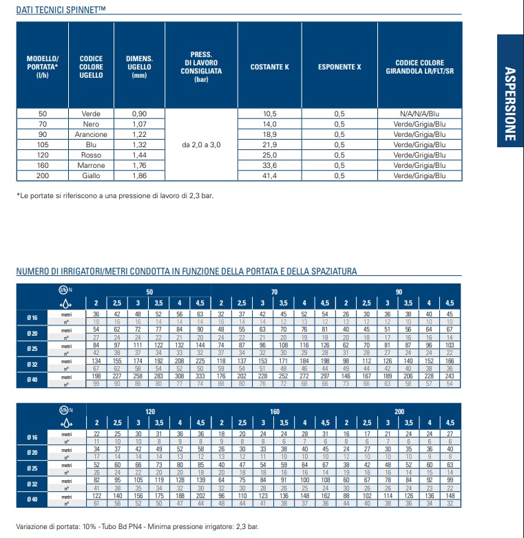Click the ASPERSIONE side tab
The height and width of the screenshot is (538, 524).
510,103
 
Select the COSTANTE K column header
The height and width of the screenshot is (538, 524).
269,67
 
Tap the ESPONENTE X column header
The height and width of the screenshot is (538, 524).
339,67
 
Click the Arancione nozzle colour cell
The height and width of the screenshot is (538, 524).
91,135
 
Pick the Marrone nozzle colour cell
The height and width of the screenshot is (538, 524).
91,166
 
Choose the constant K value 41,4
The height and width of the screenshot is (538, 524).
269,176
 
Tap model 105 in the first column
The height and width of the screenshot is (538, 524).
43,145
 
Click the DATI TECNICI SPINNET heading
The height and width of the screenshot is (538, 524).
61,10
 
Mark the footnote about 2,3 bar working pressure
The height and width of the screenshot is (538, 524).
114,196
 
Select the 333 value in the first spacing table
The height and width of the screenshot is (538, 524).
200,376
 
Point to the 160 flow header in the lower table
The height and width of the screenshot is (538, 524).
275,411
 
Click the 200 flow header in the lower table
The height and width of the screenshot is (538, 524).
399,411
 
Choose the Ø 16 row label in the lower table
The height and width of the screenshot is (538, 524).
32,437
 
